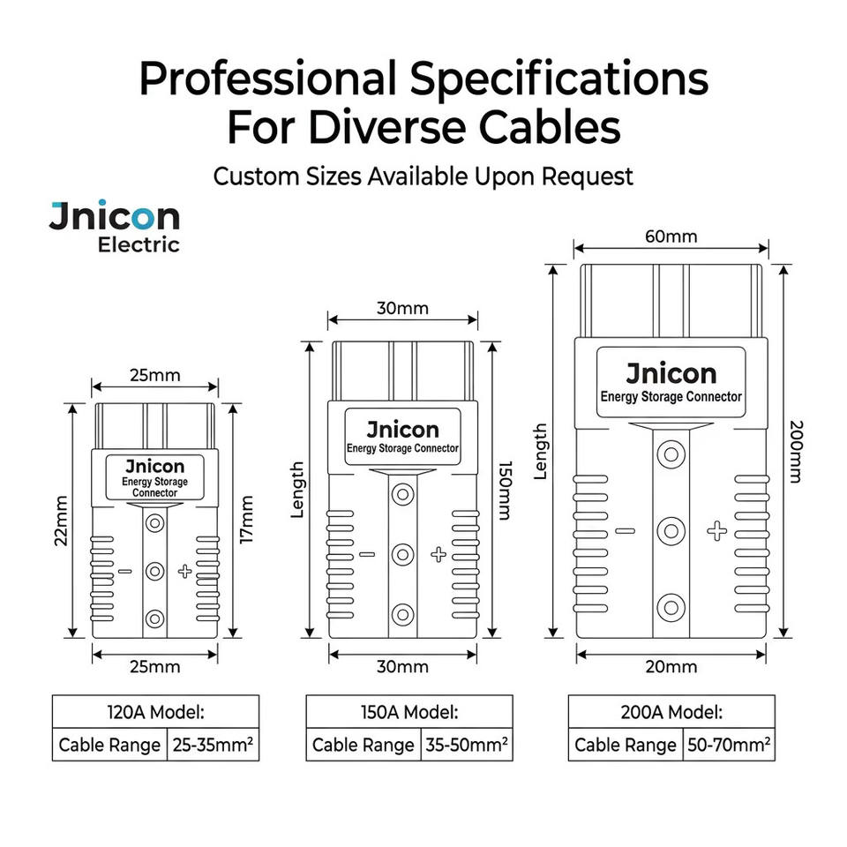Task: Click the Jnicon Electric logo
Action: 114,227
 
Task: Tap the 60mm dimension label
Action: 671,236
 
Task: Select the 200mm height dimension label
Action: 795,452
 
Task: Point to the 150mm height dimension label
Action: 504,491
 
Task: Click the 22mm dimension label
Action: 61,521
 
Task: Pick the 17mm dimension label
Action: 246,520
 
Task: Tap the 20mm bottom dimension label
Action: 671,667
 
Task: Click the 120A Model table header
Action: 155,712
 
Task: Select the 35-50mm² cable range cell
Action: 467,745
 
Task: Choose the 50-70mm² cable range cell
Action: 729,745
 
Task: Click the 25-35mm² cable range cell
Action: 213,745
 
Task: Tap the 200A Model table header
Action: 671,712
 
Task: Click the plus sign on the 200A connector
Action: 716,531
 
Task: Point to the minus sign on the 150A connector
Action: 367,554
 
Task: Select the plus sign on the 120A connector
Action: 184,571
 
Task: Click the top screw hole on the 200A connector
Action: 671,453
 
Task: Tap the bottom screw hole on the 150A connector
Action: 402,614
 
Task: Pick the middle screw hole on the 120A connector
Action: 155,571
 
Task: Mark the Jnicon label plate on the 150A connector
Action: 402,437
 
